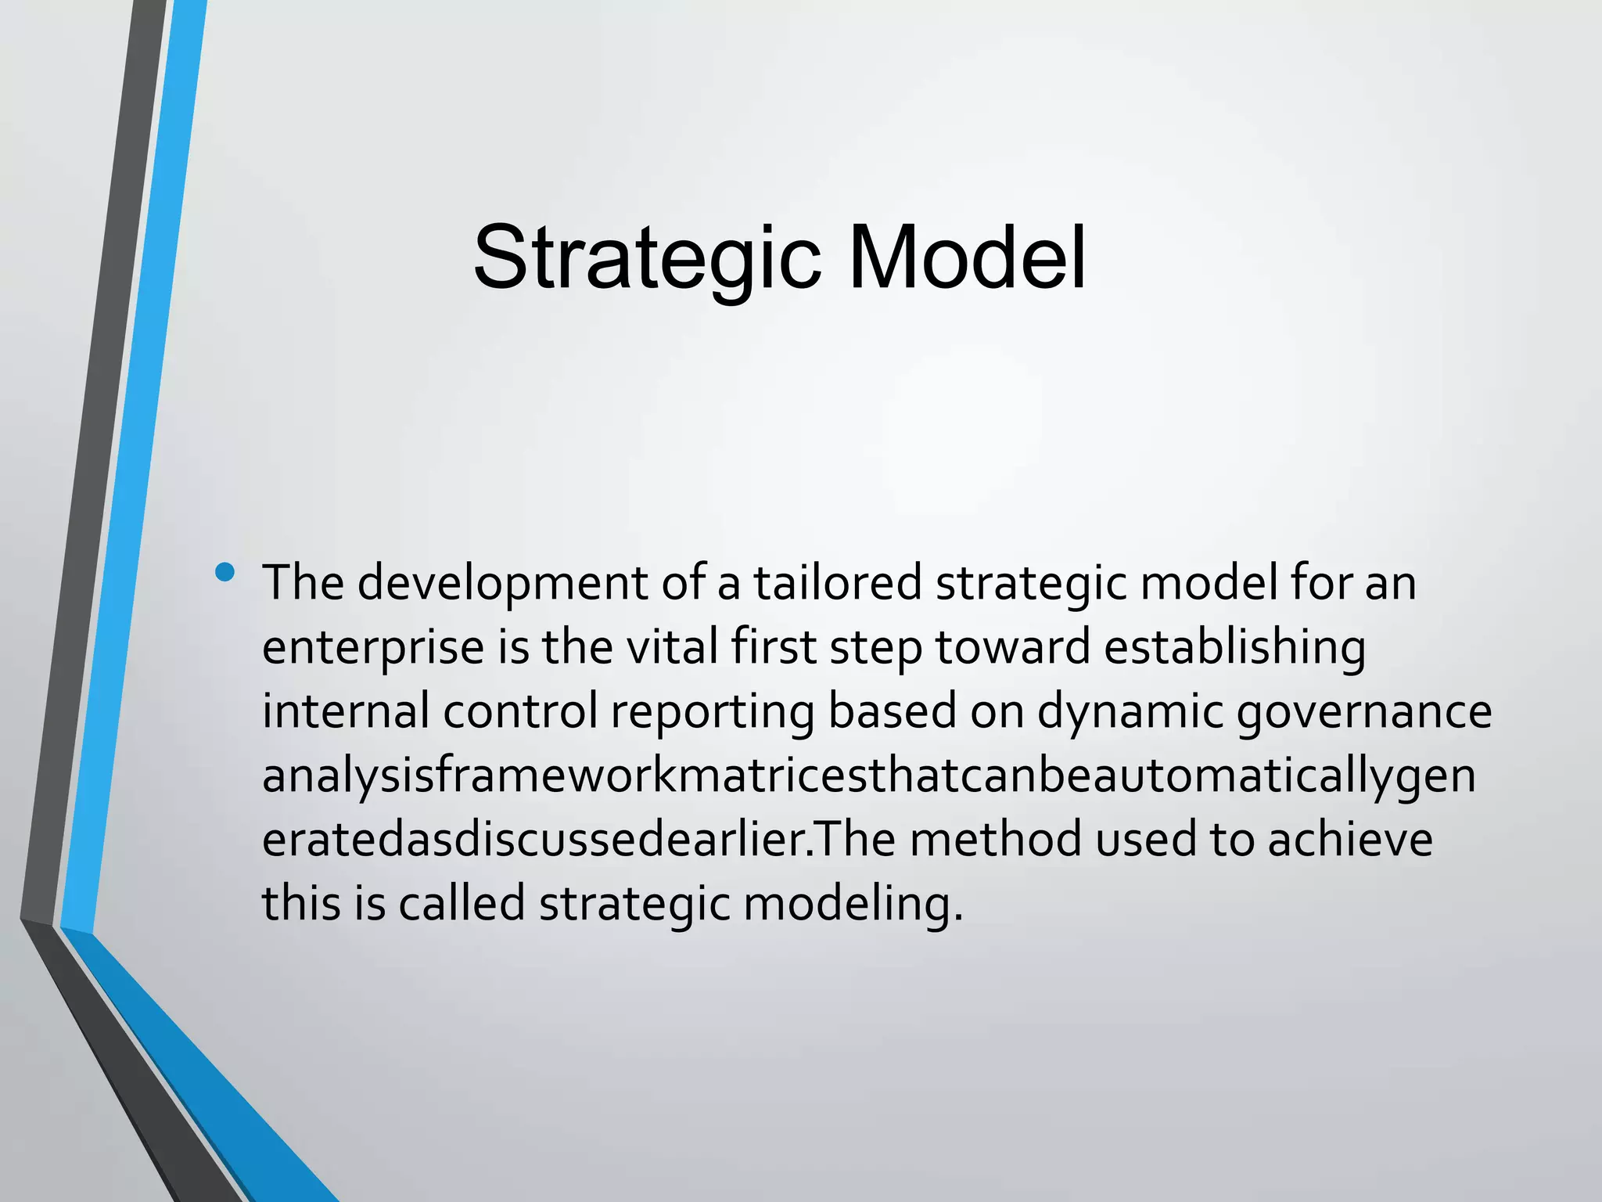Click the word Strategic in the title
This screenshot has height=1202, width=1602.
tap(646, 258)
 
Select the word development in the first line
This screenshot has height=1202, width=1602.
tap(502, 584)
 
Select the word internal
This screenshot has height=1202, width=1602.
tap(346, 711)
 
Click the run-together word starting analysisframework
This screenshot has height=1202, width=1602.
tap(868, 777)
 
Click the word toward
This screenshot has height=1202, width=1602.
tap(1013, 648)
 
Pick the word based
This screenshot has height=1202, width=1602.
tap(892, 711)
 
